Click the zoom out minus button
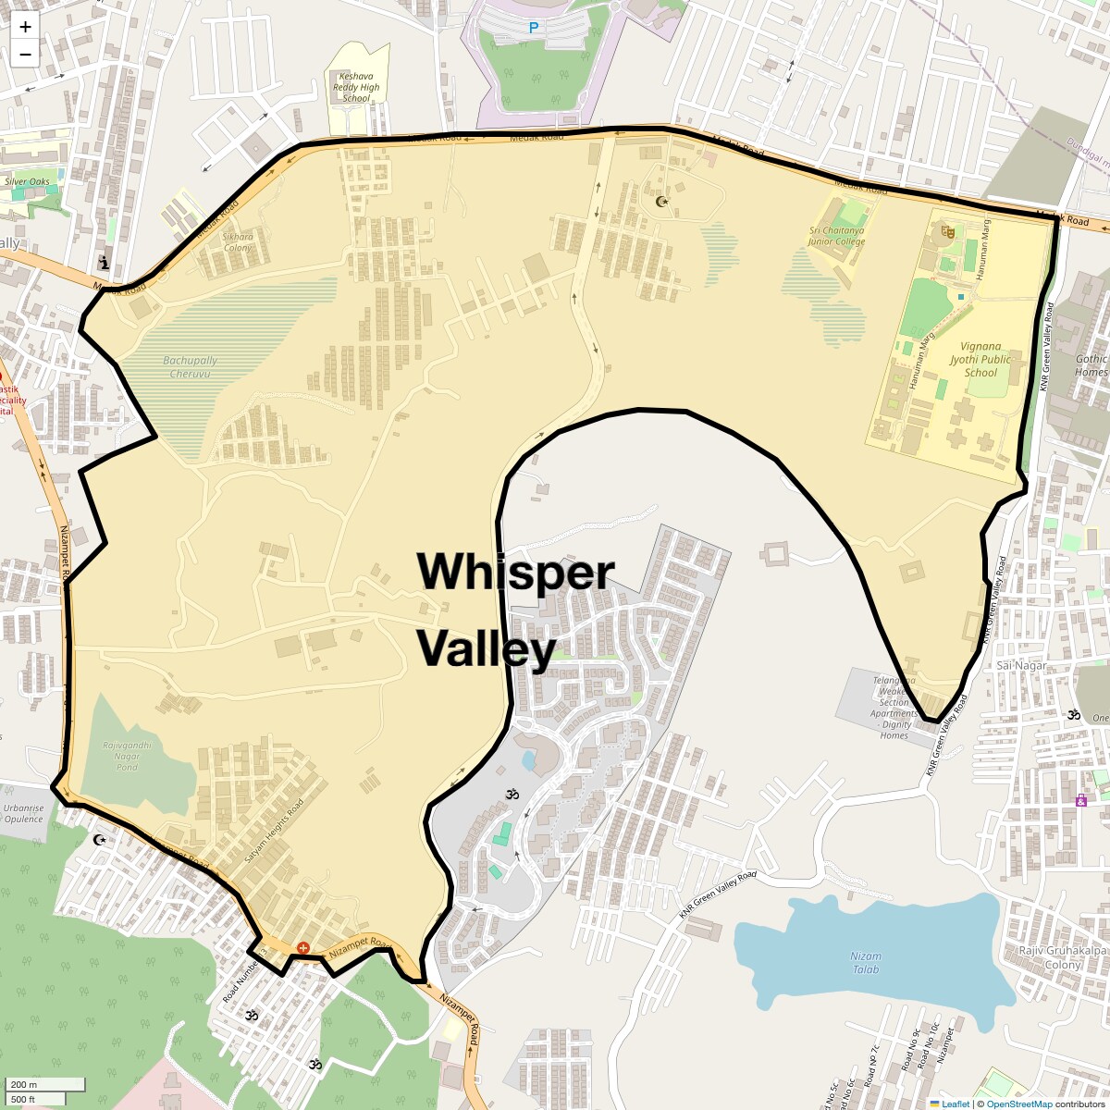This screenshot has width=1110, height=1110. click(25, 54)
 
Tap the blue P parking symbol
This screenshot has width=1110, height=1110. click(533, 29)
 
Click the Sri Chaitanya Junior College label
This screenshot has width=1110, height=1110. click(837, 236)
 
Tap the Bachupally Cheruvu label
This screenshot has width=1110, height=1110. click(191, 367)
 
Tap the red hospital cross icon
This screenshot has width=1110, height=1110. click(302, 948)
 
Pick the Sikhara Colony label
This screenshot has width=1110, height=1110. click(238, 242)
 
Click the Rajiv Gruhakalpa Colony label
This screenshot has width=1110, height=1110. click(1050, 957)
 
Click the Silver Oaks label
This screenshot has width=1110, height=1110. click(27, 181)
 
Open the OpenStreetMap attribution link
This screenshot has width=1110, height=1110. click(1019, 1104)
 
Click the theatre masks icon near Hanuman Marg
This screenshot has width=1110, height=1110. click(947, 231)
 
